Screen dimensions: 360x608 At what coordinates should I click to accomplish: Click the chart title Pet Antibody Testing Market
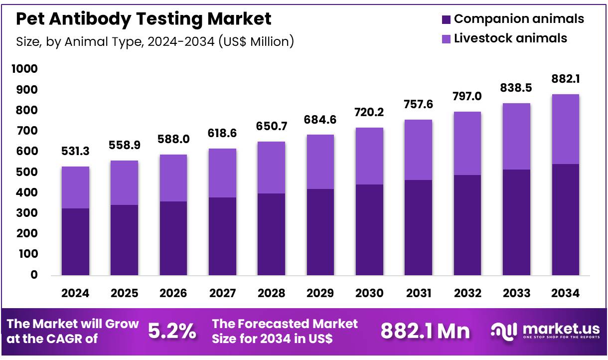tap(144, 19)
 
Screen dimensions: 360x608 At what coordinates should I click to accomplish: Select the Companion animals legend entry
tap(518, 19)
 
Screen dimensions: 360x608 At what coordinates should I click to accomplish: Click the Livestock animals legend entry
tap(510, 38)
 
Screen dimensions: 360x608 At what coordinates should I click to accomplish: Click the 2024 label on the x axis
tap(75, 293)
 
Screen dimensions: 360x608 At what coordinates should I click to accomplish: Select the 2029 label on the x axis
tap(320, 293)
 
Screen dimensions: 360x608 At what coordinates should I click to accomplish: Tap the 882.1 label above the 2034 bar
tap(565, 79)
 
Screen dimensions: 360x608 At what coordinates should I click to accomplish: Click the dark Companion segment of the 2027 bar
tap(222, 236)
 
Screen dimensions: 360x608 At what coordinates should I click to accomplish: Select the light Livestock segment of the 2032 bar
tap(467, 143)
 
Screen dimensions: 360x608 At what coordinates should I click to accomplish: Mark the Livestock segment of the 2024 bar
tap(75, 187)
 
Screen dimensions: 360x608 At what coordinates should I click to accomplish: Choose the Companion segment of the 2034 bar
tap(565, 219)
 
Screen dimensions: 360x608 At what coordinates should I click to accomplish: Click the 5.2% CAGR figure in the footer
tap(172, 331)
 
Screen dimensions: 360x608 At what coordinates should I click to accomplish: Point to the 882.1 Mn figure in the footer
tap(425, 331)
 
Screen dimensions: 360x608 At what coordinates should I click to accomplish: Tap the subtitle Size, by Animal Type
tap(154, 41)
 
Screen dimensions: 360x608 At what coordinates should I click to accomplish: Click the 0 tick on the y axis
tap(34, 275)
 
